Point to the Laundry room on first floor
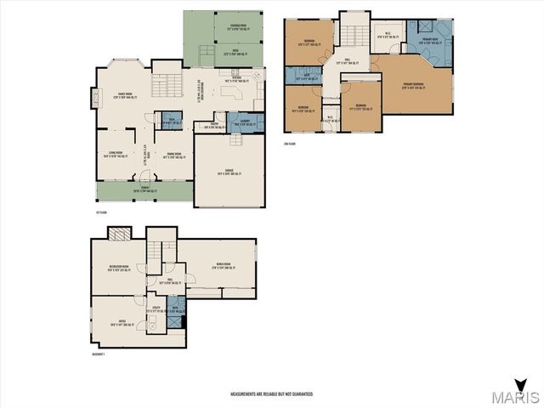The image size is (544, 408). tap(238, 122)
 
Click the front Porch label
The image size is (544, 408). tap(142, 190)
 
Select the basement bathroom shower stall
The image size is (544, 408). tap(173, 302)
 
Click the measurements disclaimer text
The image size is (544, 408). tap(272, 394)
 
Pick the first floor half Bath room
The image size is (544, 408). tap(171, 120)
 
